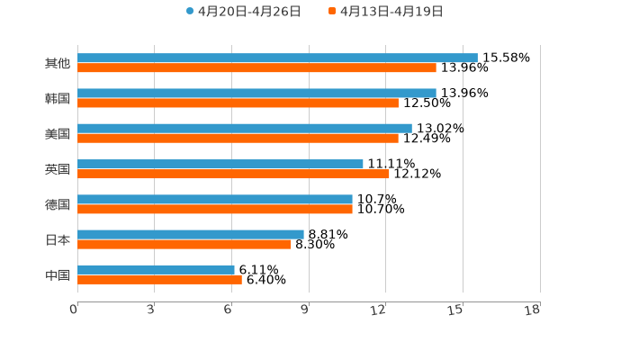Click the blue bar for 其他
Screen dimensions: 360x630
[277, 58]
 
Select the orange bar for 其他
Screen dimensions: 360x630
[256, 67]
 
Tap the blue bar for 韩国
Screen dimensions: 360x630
[256, 93]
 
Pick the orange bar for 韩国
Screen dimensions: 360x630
[238, 103]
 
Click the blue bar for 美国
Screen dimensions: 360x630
[245, 128]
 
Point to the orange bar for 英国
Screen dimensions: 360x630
[233, 174]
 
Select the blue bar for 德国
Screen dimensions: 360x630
[215, 199]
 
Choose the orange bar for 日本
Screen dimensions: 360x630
[184, 244]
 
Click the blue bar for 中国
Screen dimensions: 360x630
[156, 269]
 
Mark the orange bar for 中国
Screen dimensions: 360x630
[159, 279]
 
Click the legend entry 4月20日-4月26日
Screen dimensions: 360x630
[243, 12]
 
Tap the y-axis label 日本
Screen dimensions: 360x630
[58, 240]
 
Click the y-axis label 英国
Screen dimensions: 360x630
[58, 169]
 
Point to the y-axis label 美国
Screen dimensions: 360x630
[58, 134]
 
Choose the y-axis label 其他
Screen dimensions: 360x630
[58, 64]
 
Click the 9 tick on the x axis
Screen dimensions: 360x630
[305, 310]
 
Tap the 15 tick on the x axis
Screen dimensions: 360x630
[455, 310]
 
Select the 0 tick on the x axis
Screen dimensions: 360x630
[74, 310]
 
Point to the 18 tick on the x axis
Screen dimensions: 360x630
[533, 310]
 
